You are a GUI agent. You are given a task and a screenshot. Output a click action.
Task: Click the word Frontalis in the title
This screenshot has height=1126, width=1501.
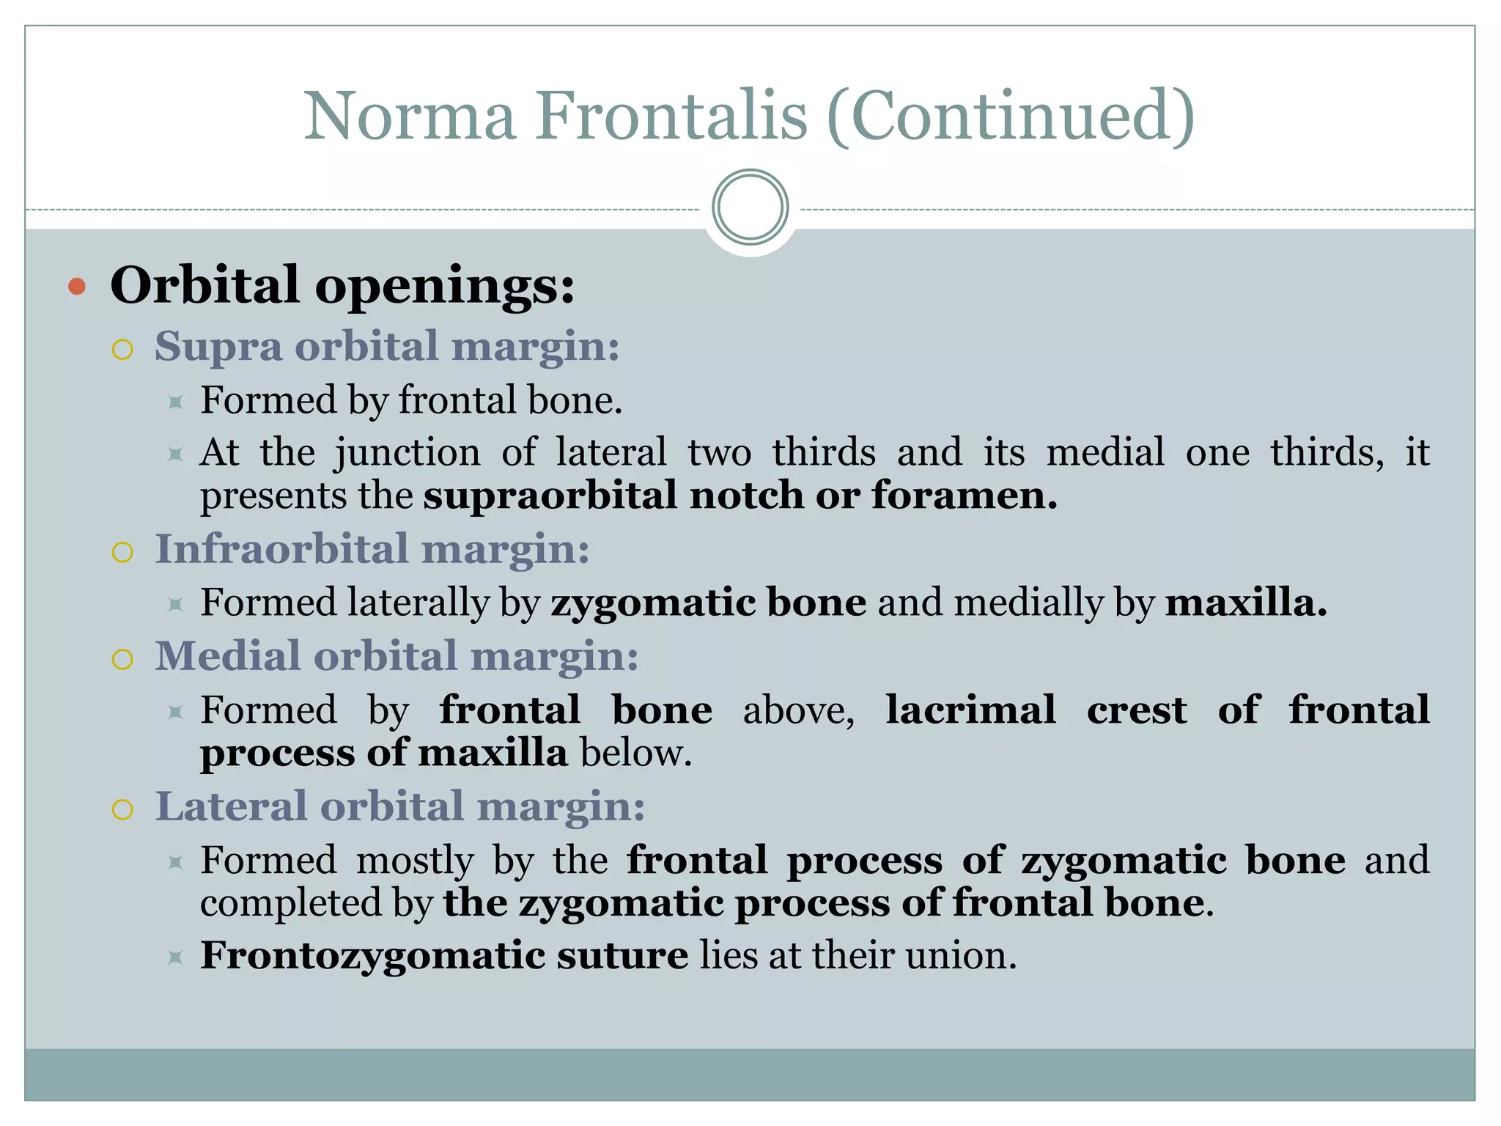point(671,116)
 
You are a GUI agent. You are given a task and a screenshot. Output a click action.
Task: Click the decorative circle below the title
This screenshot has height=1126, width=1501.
point(750,207)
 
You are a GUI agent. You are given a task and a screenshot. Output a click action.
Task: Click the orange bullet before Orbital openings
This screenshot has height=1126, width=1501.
point(77,287)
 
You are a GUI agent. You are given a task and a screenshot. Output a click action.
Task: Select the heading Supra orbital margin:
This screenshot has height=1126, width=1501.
point(387,346)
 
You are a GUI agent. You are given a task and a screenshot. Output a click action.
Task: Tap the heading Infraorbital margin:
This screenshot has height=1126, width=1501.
point(372,549)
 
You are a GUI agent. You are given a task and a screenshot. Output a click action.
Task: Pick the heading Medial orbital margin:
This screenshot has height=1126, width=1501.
point(397,656)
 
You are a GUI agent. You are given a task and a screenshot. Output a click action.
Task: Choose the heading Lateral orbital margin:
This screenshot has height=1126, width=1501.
point(400,806)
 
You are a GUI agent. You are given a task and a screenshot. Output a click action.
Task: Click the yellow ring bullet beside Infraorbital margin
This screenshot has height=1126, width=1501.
point(122,552)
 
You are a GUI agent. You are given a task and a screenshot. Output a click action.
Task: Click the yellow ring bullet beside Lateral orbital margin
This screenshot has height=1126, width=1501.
point(122,810)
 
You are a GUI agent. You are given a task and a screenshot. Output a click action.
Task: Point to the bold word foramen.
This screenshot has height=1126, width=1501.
point(964,496)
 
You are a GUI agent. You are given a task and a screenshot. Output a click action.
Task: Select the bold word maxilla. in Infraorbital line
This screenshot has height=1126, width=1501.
point(1246,603)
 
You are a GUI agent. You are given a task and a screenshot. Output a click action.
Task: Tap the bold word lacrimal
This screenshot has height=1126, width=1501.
point(970,710)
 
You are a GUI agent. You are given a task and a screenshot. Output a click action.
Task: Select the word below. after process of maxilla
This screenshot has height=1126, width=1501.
point(635,754)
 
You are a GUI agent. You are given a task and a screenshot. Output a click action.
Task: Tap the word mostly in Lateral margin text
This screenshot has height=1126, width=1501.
point(415,861)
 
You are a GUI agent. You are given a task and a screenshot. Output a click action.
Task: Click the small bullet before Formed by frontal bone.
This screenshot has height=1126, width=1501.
point(175,402)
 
